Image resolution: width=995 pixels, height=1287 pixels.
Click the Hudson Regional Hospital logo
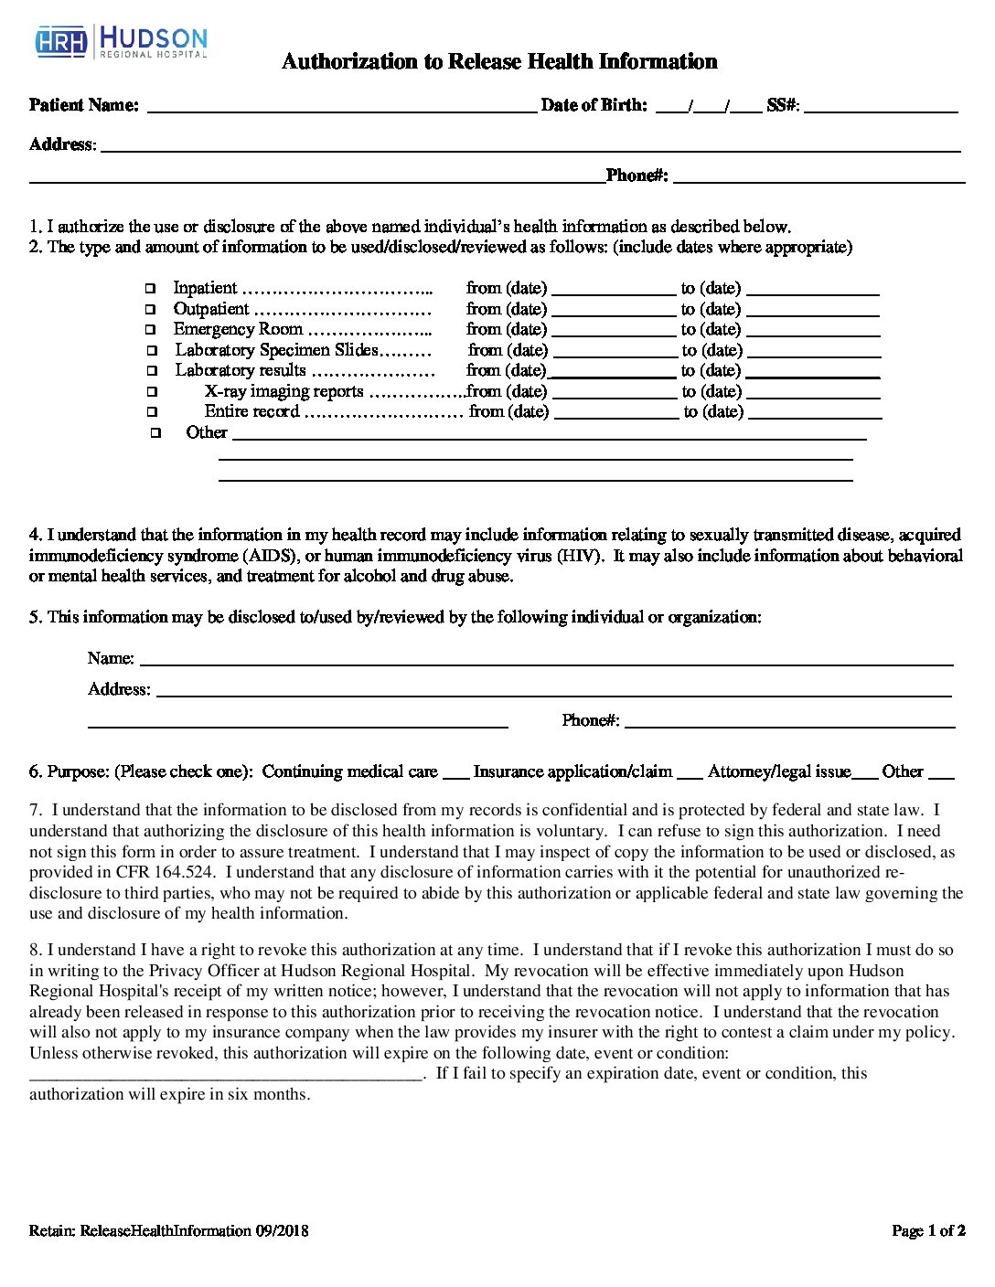(122, 42)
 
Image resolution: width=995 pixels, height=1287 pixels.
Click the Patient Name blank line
(341, 106)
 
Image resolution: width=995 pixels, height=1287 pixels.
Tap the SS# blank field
(880, 106)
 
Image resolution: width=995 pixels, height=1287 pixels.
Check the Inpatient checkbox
(150, 289)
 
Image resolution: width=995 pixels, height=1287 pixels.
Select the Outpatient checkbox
(151, 310)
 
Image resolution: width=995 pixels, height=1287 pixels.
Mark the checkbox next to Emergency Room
(151, 330)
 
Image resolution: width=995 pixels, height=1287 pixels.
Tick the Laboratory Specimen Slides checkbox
(152, 351)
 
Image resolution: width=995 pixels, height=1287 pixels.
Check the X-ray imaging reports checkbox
(152, 392)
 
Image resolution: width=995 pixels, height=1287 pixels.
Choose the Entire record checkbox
(152, 412)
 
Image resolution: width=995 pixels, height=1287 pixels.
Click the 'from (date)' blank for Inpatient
(613, 290)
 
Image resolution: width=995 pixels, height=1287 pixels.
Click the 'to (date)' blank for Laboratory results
(813, 372)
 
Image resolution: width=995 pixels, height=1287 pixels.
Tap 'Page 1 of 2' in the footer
(928, 1230)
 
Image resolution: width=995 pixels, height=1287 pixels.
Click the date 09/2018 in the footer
(282, 1231)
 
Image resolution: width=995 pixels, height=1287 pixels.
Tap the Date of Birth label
(594, 105)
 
